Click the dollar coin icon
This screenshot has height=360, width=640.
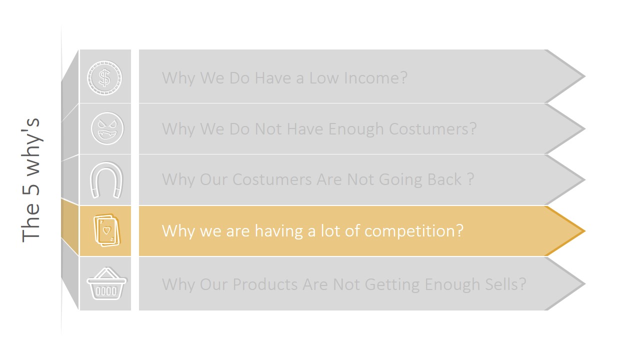104,77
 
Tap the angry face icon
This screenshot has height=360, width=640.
106,128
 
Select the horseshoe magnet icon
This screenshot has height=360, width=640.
106,180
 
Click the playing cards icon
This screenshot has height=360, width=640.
106,230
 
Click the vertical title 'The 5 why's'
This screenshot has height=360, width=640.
31,180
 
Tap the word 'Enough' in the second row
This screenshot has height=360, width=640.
356,129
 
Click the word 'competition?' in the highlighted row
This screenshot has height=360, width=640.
414,231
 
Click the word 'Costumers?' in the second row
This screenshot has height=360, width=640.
432,129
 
